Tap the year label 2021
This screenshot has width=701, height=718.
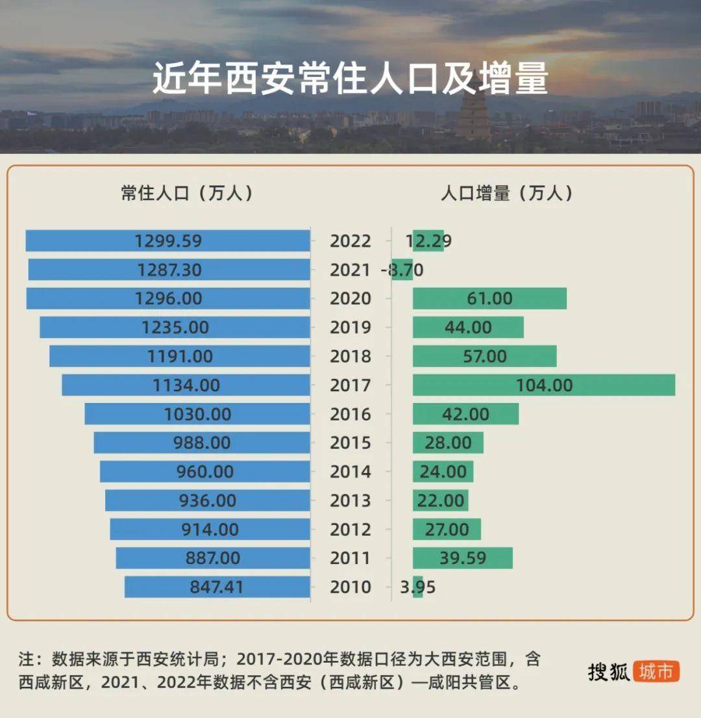[x=350, y=270]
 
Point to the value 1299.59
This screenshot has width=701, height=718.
[x=168, y=241]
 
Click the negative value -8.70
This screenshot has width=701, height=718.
[x=402, y=270]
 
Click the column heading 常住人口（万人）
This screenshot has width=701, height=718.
[x=187, y=194]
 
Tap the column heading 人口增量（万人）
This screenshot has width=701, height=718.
[x=507, y=194]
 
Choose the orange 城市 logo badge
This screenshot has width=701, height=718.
[x=656, y=671]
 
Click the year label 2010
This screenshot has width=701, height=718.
[x=350, y=587]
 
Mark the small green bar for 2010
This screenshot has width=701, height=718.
[x=417, y=587]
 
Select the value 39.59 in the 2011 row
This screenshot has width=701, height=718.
[x=462, y=558]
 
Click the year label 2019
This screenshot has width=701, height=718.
[x=350, y=327]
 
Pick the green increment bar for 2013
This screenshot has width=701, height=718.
[x=440, y=500]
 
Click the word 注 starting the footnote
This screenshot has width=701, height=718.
[x=26, y=660]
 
